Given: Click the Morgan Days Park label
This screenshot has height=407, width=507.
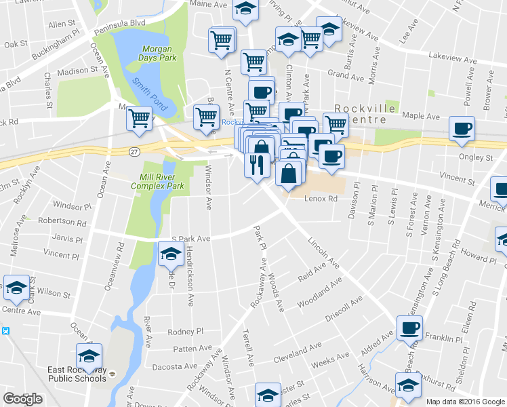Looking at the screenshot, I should (157, 54).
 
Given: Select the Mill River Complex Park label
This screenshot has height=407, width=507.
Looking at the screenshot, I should (157, 180).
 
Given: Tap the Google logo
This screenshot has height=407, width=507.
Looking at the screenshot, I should (23, 399).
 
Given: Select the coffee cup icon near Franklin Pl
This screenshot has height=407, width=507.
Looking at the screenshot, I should (409, 329).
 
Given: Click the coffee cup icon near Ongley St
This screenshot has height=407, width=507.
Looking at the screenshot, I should (462, 130).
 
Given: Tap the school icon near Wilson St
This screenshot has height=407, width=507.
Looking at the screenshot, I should (16, 288).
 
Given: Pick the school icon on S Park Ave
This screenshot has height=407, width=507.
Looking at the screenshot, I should (170, 254).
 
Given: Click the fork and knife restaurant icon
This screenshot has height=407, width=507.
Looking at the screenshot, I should (256, 165).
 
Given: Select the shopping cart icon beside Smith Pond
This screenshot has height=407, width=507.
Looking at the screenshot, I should (139, 119).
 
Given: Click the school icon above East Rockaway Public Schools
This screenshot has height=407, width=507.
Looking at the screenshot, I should (89, 356).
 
